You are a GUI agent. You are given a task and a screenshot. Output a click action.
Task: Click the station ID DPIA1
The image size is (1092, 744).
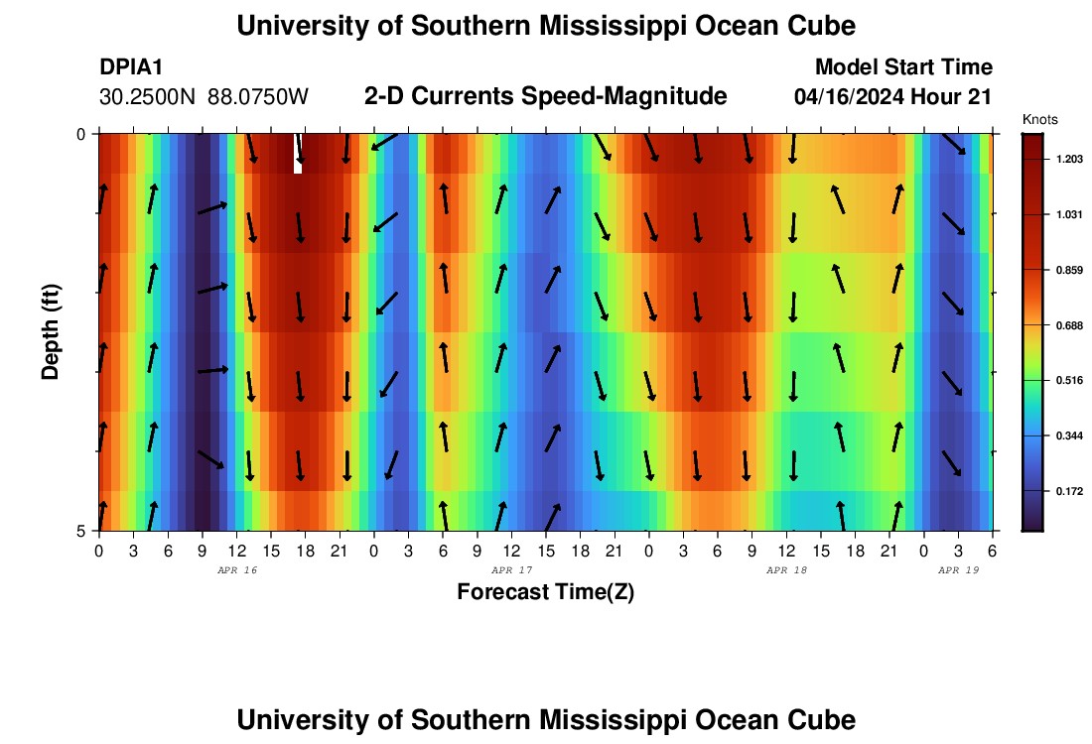(131, 67)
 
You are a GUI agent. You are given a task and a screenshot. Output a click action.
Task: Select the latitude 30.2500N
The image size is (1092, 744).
(149, 97)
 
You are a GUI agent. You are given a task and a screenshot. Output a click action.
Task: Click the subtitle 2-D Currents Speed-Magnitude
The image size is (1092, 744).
(546, 96)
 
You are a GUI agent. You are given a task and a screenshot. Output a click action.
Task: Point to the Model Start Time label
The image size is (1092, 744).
(903, 67)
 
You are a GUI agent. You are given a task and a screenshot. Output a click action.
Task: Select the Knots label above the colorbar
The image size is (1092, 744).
(1039, 119)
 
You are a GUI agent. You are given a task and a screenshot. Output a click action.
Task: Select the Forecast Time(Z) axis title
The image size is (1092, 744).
(545, 592)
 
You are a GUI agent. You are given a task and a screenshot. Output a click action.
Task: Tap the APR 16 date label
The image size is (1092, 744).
(236, 570)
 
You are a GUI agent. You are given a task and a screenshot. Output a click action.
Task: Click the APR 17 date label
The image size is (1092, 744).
(512, 570)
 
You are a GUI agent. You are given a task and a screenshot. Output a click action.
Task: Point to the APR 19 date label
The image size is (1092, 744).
(959, 570)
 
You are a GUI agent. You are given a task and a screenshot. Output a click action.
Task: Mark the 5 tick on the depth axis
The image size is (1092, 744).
(81, 531)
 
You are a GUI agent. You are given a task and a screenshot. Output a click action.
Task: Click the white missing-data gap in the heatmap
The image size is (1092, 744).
(298, 155)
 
